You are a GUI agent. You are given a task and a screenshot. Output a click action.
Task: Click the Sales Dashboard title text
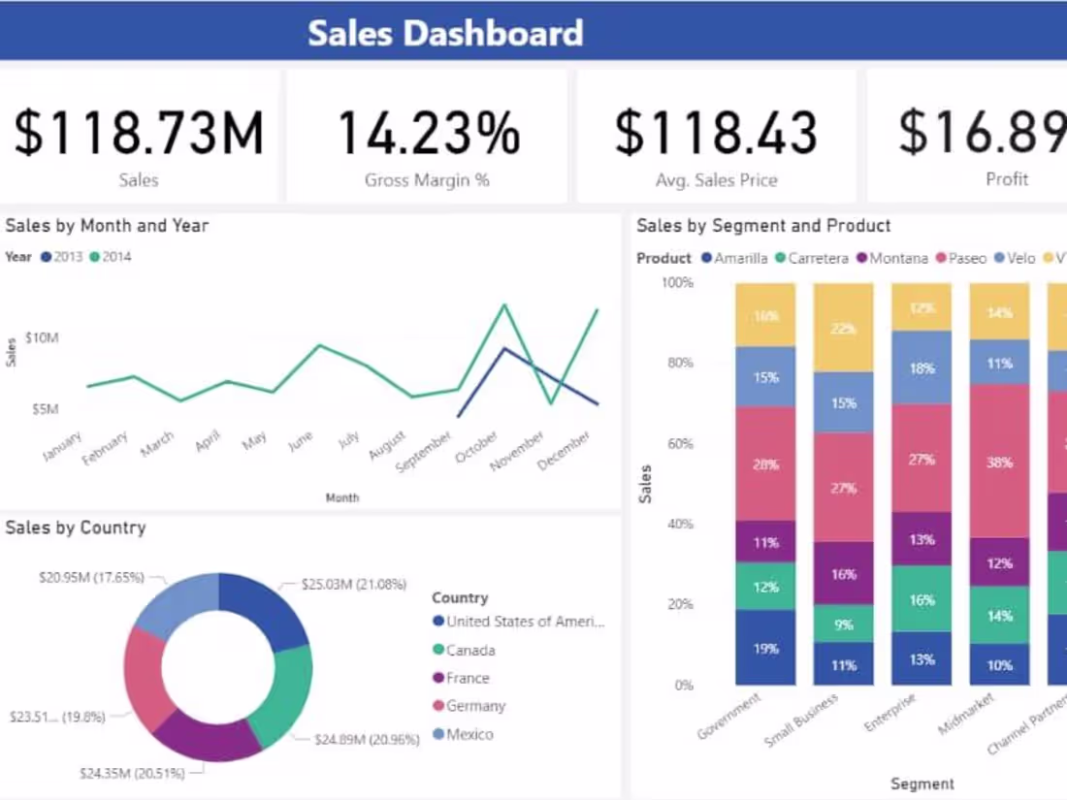click(445, 33)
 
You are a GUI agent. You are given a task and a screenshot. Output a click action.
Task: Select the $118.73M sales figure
click(139, 133)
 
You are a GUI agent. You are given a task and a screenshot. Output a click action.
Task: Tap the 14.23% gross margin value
click(427, 133)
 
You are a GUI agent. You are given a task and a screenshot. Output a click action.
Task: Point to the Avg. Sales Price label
click(716, 179)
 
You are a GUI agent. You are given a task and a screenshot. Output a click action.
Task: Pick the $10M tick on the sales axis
click(43, 337)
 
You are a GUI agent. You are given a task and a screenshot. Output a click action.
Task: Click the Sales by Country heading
click(76, 528)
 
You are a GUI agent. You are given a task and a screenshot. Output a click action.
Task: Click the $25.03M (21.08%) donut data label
click(353, 585)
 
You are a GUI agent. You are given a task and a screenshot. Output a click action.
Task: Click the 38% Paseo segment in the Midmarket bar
click(999, 462)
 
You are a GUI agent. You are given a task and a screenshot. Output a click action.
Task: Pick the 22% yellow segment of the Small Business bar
click(843, 329)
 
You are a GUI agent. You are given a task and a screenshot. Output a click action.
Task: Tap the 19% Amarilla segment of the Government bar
click(765, 648)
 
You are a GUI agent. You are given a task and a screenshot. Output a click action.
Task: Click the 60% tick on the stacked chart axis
click(678, 443)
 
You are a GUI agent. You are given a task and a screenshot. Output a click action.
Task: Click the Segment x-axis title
click(922, 784)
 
